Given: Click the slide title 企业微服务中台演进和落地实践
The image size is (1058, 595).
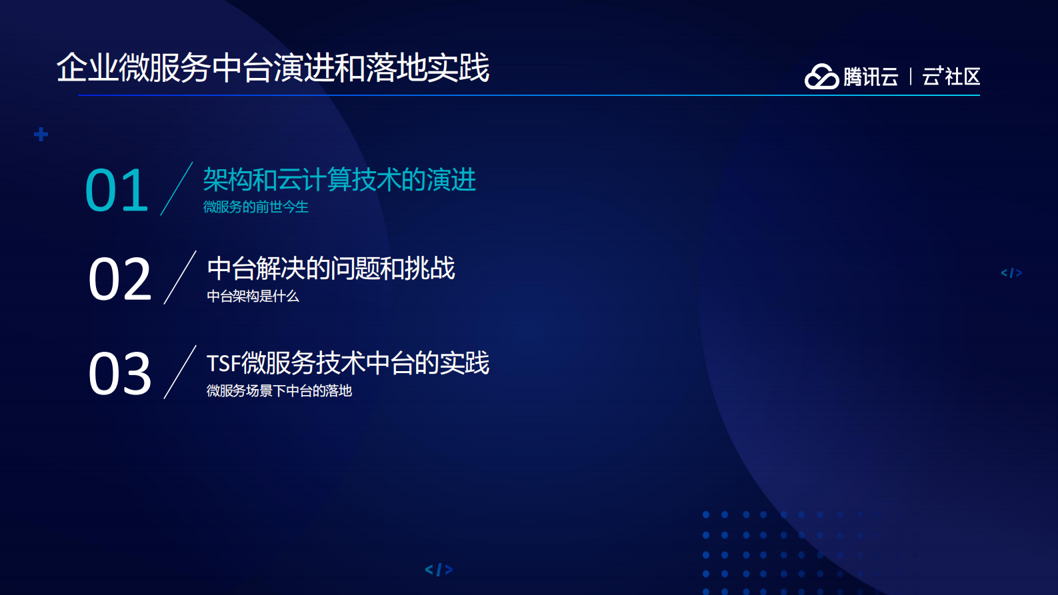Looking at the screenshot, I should tap(273, 68).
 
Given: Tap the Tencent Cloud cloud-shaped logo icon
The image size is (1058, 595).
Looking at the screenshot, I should tap(821, 77).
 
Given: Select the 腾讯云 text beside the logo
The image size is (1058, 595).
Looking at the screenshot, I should tap(871, 77).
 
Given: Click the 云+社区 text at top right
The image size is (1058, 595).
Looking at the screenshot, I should tap(951, 77).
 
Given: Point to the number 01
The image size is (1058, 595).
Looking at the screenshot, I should tap(117, 191).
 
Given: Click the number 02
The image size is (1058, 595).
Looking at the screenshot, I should tap(120, 280).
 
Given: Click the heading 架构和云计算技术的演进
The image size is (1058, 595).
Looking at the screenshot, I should tap(339, 180).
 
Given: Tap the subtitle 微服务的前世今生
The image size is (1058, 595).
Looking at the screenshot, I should tap(255, 207).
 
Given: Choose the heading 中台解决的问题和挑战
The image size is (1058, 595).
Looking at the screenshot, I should tap(331, 269).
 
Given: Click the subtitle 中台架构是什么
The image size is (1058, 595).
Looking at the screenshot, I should tap(253, 297).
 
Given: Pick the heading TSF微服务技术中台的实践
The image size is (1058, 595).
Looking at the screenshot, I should tap(347, 363).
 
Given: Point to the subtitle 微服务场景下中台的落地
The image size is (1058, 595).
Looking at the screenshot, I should tap(279, 391).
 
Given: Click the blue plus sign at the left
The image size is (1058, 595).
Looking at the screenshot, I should tap(41, 135).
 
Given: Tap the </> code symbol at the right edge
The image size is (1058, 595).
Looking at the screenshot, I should tap(1011, 273).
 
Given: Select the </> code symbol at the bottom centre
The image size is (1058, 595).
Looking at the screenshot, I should tap(439, 570).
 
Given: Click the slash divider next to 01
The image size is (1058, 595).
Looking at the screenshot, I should tap(177, 189).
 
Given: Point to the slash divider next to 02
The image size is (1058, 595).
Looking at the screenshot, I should tap(180, 277).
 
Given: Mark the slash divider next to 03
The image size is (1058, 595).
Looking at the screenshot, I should tap(180, 372).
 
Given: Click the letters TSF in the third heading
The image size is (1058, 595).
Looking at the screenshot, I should tap(223, 364).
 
